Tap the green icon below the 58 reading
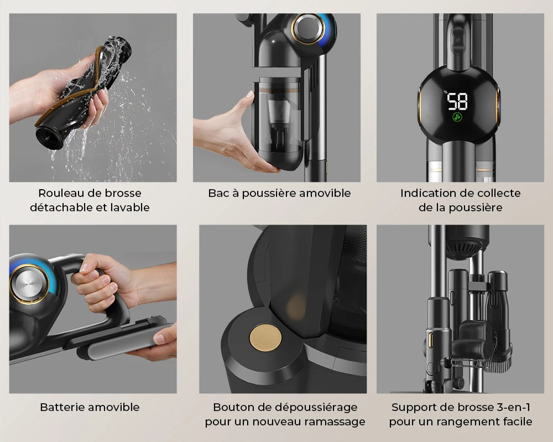pyautogui.click(x=457, y=117)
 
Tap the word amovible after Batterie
pyautogui.click(x=115, y=407)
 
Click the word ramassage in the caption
pyautogui.click(x=337, y=422)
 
